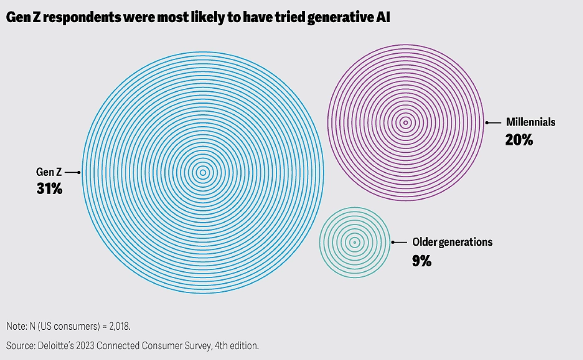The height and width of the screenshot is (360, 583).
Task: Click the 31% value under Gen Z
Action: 50,189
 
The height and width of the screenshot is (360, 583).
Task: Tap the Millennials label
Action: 531,122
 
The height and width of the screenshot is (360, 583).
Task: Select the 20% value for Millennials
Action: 519,139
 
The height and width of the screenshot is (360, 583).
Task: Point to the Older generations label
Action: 452,242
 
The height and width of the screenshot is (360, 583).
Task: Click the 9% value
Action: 422,261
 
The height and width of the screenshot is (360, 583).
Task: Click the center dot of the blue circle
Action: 203,173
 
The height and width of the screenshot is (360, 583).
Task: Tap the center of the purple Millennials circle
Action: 405,123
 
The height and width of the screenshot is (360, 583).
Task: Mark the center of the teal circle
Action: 354,243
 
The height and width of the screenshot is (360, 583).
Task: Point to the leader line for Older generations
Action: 399,242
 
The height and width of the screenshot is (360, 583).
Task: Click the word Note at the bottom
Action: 15,327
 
